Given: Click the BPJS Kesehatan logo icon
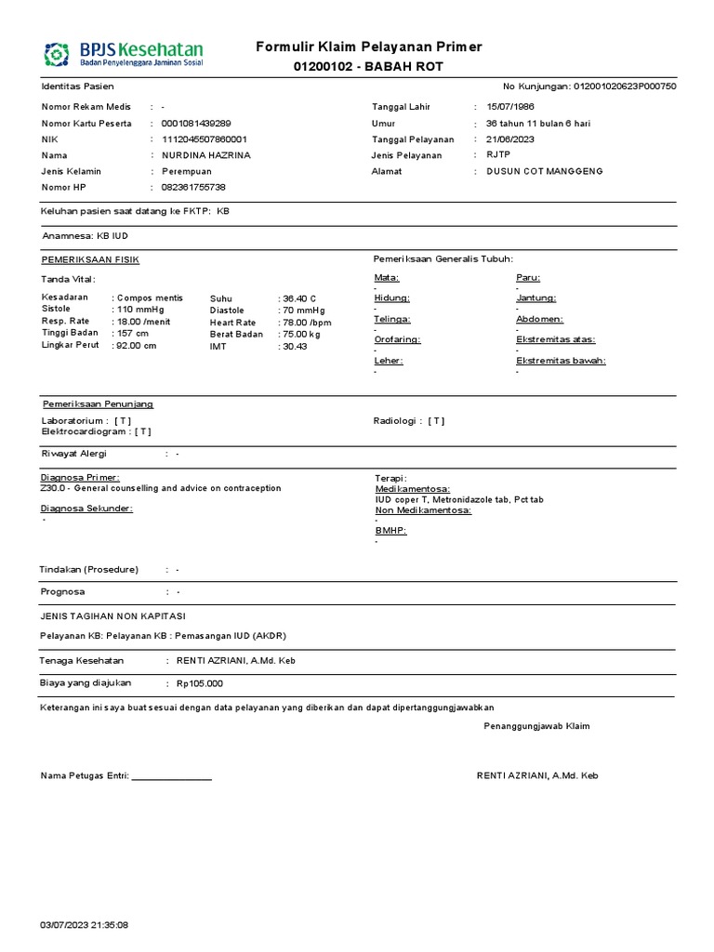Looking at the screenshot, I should pyautogui.click(x=58, y=53).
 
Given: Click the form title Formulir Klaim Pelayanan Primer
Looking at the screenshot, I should pyautogui.click(x=368, y=47).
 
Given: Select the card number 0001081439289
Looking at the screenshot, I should pyautogui.click(x=196, y=124).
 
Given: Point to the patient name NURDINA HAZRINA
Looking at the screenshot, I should pyautogui.click(x=205, y=155).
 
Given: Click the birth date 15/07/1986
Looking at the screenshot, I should pyautogui.click(x=511, y=107).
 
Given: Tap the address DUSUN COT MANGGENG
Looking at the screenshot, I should pyautogui.click(x=545, y=171).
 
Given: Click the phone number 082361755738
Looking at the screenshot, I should pyautogui.click(x=193, y=187).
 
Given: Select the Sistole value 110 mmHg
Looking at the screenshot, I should pyautogui.click(x=139, y=310).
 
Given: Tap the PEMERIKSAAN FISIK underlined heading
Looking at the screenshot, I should pyautogui.click(x=90, y=259).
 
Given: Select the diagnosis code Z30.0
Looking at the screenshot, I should pyautogui.click(x=53, y=488).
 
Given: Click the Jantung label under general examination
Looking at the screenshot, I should pyautogui.click(x=536, y=297).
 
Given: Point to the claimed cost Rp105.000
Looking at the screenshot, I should pyautogui.click(x=200, y=683).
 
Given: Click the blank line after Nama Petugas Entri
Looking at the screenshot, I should pyautogui.click(x=172, y=775).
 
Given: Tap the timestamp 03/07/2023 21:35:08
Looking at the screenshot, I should pyautogui.click(x=84, y=925).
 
